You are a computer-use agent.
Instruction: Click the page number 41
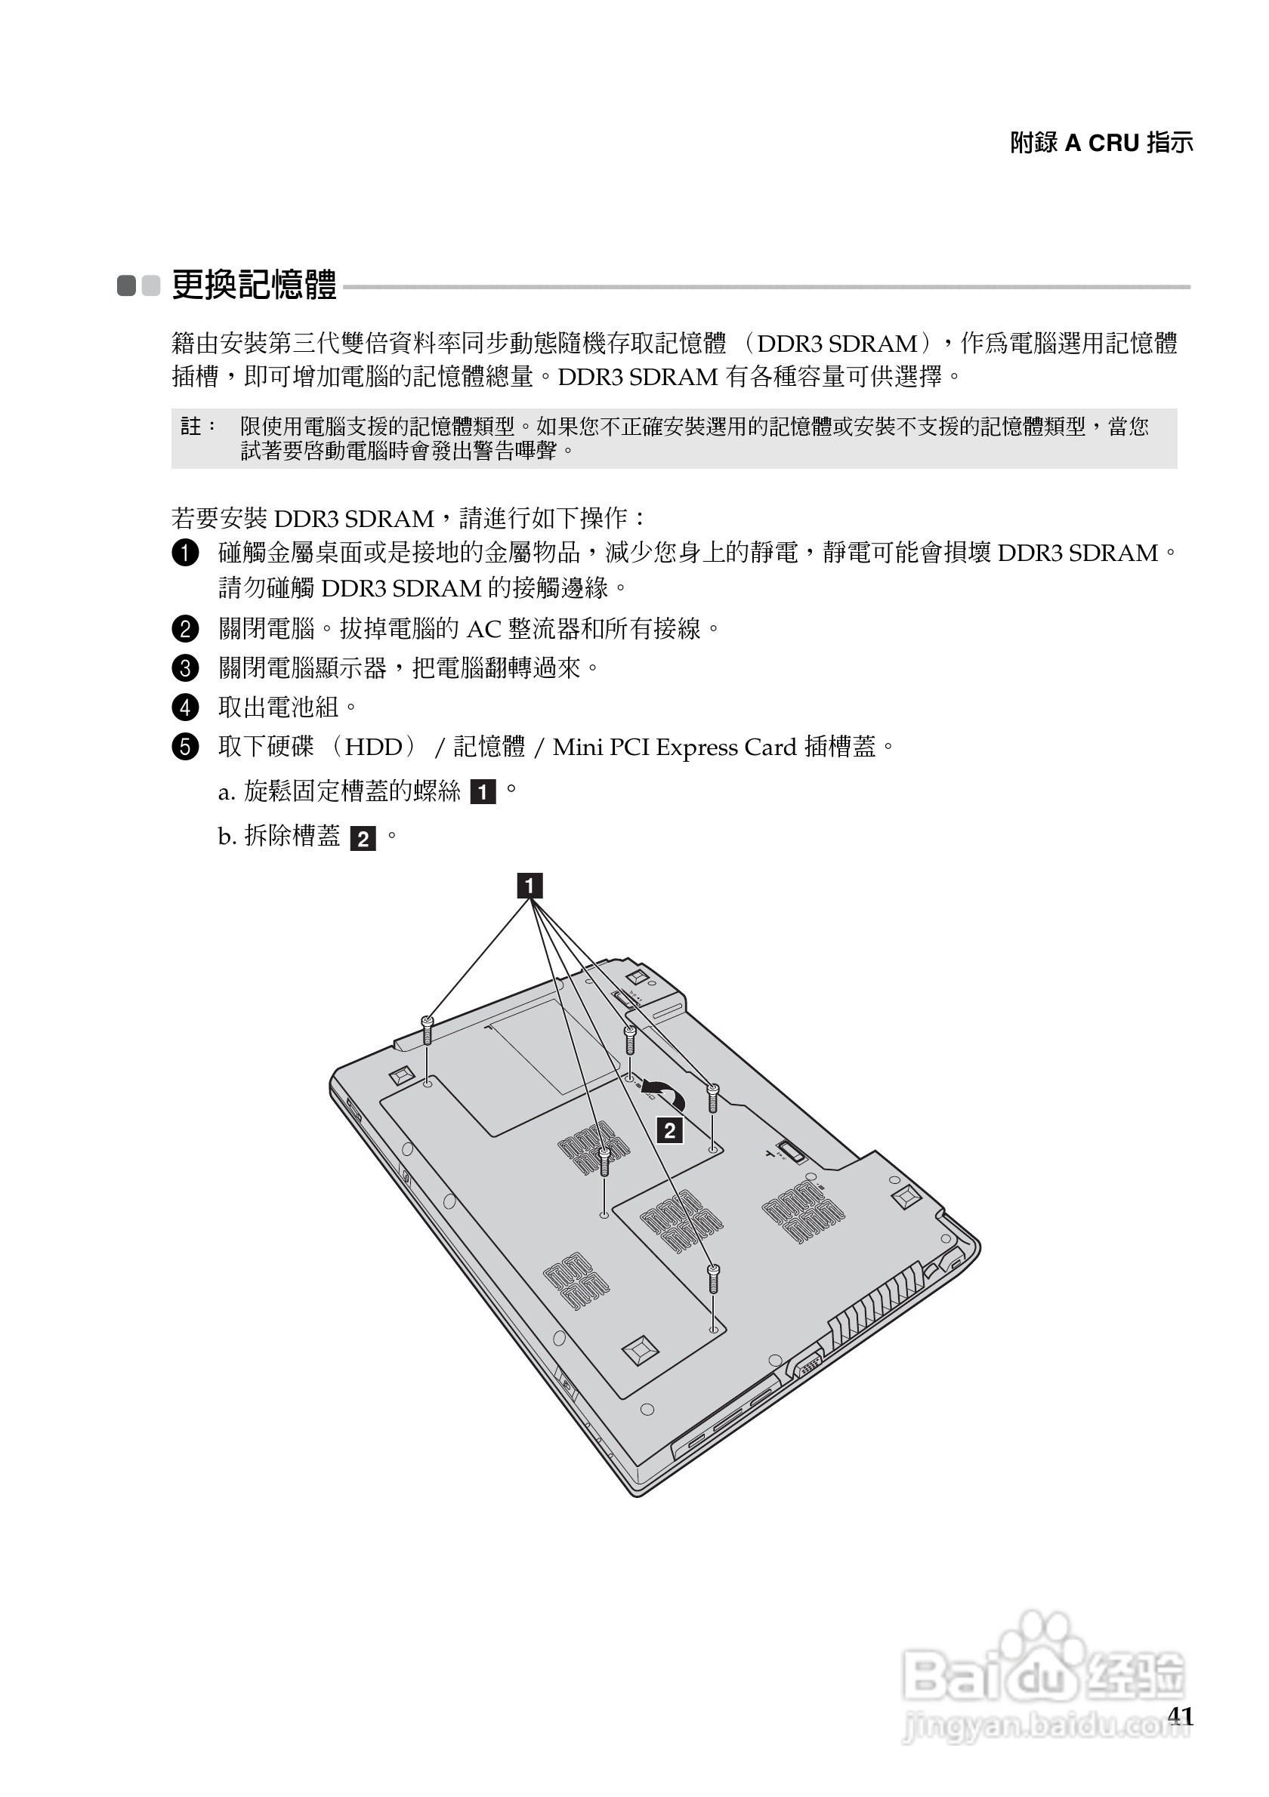coord(1180,1715)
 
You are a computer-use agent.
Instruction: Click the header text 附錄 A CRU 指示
coord(1101,143)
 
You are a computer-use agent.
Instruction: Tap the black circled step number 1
coord(185,553)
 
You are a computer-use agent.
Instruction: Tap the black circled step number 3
coord(185,668)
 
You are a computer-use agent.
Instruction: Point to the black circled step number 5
coord(185,747)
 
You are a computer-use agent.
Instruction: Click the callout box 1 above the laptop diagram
coord(530,886)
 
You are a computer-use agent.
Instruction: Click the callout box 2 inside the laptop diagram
coord(669,1131)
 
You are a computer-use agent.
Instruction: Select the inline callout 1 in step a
coord(482,793)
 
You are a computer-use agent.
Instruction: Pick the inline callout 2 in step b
coord(363,839)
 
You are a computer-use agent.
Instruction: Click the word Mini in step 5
coord(577,747)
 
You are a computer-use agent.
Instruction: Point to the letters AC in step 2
coord(483,629)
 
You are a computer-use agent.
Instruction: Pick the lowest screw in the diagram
coord(712,1278)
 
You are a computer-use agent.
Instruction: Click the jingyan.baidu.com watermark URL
coord(1045,1724)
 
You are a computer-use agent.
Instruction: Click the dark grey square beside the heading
coord(127,285)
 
